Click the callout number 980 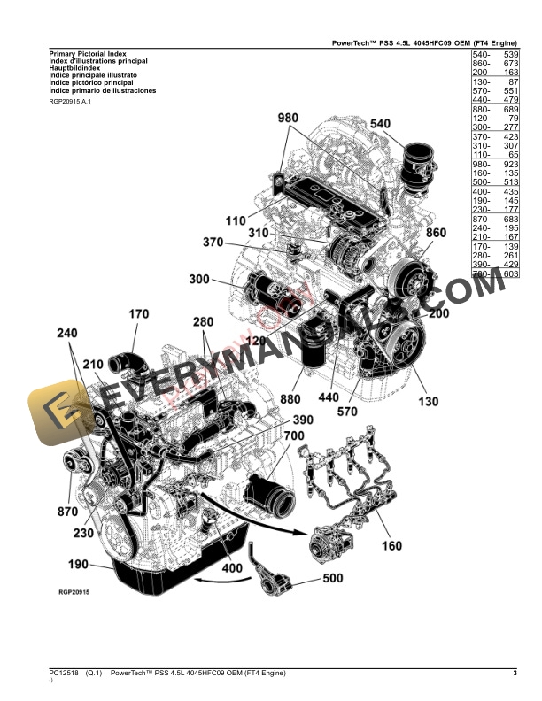289,119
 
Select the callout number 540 380,124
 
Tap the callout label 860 437,234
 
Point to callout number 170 139,314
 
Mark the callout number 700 294,436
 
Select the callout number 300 200,281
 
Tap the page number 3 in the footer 515,674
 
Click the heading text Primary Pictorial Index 87,55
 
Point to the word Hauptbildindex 74,67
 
